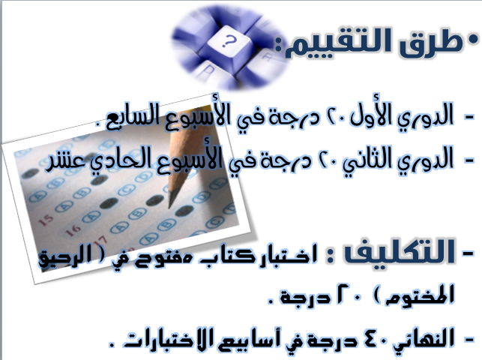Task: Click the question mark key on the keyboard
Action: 228,43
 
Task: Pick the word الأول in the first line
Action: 370,115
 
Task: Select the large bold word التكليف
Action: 399,252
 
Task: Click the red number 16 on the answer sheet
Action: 73,229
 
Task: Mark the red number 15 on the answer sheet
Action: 46,220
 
